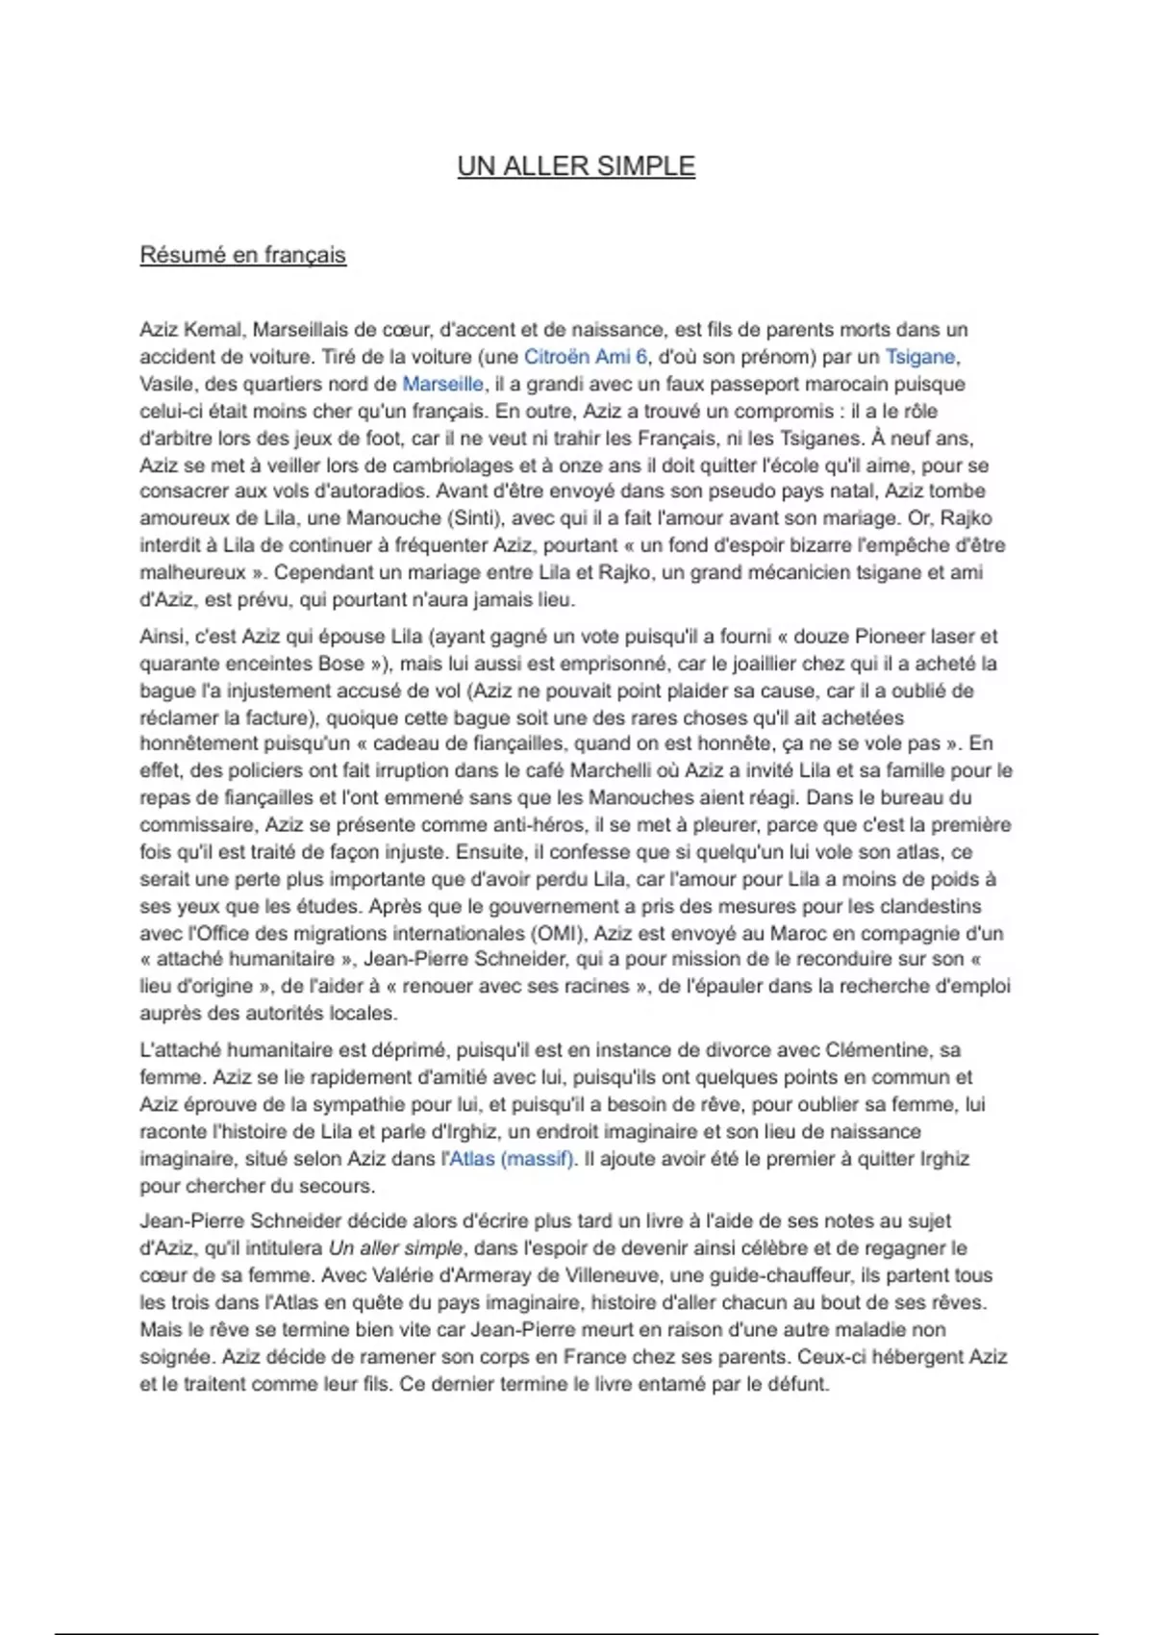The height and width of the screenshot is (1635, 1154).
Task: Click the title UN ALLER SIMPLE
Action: (x=576, y=166)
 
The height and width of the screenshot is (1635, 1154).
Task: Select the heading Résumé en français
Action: (x=242, y=255)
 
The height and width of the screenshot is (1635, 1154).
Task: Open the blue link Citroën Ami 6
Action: (x=586, y=357)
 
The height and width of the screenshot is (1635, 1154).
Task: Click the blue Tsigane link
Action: (x=919, y=357)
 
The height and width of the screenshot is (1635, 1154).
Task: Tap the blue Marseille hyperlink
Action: (x=442, y=384)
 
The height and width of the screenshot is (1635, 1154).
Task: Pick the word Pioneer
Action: (x=883, y=637)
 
